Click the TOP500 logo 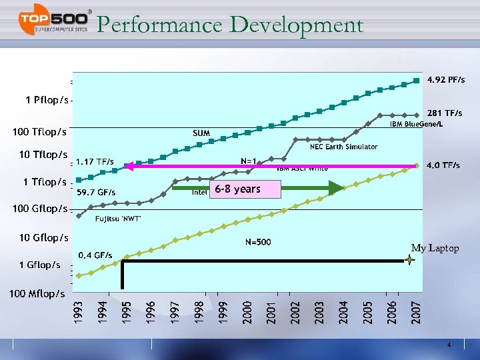pyautogui.click(x=53, y=24)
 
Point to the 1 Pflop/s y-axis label pyautogui.click(x=47, y=100)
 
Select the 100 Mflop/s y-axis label pyautogui.click(x=37, y=293)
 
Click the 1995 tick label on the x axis pyautogui.click(x=127, y=313)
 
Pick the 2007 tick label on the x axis pyautogui.click(x=415, y=313)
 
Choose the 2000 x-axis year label pyautogui.click(x=247, y=313)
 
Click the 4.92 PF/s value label pyautogui.click(x=446, y=80)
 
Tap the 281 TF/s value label pyautogui.click(x=445, y=113)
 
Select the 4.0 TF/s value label pyautogui.click(x=443, y=165)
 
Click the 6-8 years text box pyautogui.click(x=238, y=189)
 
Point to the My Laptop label pyautogui.click(x=435, y=248)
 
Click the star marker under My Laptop pyautogui.click(x=410, y=261)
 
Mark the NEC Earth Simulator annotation pyautogui.click(x=343, y=147)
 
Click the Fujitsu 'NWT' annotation pyautogui.click(x=118, y=219)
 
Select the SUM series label pyautogui.click(x=201, y=133)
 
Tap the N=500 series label pyautogui.click(x=258, y=241)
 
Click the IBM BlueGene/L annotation pyautogui.click(x=417, y=125)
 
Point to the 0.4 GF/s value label pyautogui.click(x=95, y=255)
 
